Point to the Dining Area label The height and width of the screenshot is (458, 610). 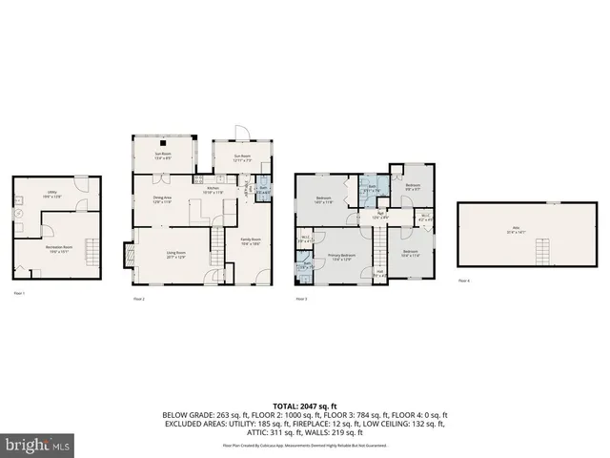[x=162, y=200]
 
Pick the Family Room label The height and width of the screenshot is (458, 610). [x=251, y=240]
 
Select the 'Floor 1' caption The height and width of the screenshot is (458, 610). [x=18, y=293]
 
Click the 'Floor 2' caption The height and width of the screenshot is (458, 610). [x=139, y=299]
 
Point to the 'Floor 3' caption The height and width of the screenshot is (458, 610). [x=300, y=299]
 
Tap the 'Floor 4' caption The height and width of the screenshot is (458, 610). [x=463, y=281]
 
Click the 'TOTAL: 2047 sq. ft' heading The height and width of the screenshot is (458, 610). [x=304, y=406]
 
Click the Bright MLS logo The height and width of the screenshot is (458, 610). [x=38, y=445]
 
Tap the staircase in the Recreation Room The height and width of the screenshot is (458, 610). [x=91, y=254]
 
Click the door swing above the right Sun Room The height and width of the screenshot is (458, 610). [x=242, y=134]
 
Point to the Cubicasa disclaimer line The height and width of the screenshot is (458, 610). [x=304, y=445]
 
